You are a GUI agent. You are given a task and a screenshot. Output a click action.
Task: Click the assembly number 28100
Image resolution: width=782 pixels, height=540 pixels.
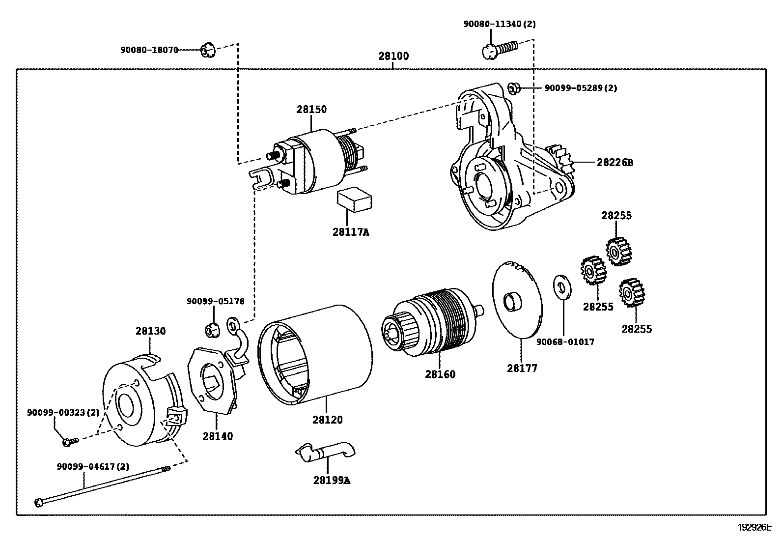(x=393, y=56)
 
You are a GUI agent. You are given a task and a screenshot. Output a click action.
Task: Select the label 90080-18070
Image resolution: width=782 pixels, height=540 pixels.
(x=149, y=50)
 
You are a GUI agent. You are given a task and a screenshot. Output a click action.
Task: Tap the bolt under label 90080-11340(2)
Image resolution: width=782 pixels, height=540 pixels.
(x=500, y=50)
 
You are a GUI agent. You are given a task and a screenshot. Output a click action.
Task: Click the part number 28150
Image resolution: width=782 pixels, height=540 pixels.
(x=311, y=110)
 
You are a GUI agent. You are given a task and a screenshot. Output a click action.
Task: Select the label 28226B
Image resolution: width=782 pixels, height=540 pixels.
(x=615, y=163)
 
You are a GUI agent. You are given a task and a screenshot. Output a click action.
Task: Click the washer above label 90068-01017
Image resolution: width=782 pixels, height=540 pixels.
(x=562, y=287)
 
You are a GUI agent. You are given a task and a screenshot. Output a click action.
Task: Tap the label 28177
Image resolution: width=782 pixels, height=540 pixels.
(x=522, y=368)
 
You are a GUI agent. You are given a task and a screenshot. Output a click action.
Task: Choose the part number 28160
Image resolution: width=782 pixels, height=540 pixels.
(x=440, y=374)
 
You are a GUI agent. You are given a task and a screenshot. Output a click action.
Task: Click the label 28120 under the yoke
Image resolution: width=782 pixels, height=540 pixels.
(x=328, y=420)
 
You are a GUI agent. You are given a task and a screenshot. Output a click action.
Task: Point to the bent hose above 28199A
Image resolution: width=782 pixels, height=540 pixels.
(x=325, y=453)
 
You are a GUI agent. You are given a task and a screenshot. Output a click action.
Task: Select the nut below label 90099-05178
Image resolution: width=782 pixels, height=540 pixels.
(x=212, y=330)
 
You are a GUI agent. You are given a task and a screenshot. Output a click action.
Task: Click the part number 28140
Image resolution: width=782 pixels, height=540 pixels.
(x=218, y=436)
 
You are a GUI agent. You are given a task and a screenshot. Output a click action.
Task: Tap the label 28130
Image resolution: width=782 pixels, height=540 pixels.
(x=150, y=331)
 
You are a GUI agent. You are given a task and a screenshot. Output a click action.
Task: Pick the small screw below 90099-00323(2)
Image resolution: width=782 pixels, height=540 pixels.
(x=71, y=442)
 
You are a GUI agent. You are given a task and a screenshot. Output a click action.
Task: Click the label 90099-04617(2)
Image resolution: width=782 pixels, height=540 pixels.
(x=93, y=467)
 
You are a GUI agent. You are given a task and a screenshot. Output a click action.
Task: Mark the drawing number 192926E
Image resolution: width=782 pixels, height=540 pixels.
(x=754, y=527)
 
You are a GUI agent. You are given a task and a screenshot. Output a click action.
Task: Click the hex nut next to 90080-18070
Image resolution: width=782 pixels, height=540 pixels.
(x=208, y=50)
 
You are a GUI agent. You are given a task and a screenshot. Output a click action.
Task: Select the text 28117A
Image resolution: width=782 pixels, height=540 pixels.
(x=351, y=232)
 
